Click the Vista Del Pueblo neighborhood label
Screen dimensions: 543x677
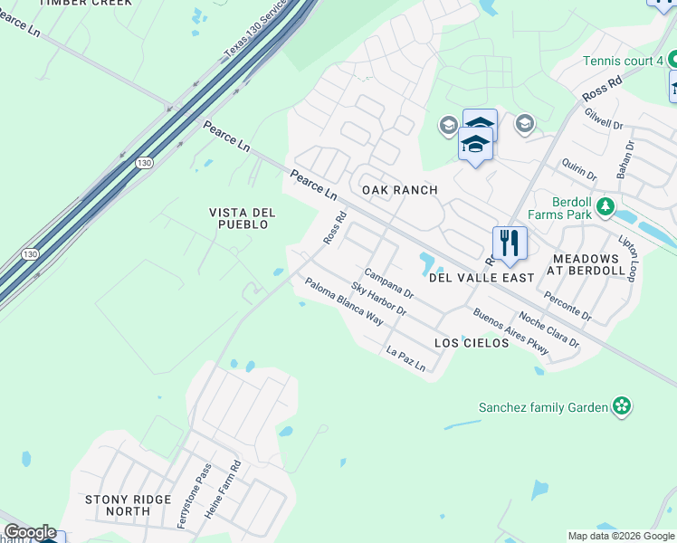tap(242, 218)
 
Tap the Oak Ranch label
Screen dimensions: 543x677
tap(399, 190)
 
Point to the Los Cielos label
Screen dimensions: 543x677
tap(472, 343)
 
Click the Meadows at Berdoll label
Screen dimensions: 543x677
tap(589, 264)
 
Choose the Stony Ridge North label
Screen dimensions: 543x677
tap(128, 505)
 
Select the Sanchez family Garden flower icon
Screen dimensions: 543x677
tap(622, 406)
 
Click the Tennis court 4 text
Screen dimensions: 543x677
tap(623, 61)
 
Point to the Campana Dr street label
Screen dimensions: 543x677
tap(388, 283)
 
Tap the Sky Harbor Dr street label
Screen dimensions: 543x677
tap(379, 299)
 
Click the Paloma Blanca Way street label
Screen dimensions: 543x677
tap(344, 301)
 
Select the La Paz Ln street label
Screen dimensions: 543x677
tap(405, 359)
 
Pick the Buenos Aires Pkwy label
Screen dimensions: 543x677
tap(499, 332)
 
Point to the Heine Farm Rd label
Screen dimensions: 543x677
tap(223, 489)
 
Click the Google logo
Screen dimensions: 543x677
tap(30, 532)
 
